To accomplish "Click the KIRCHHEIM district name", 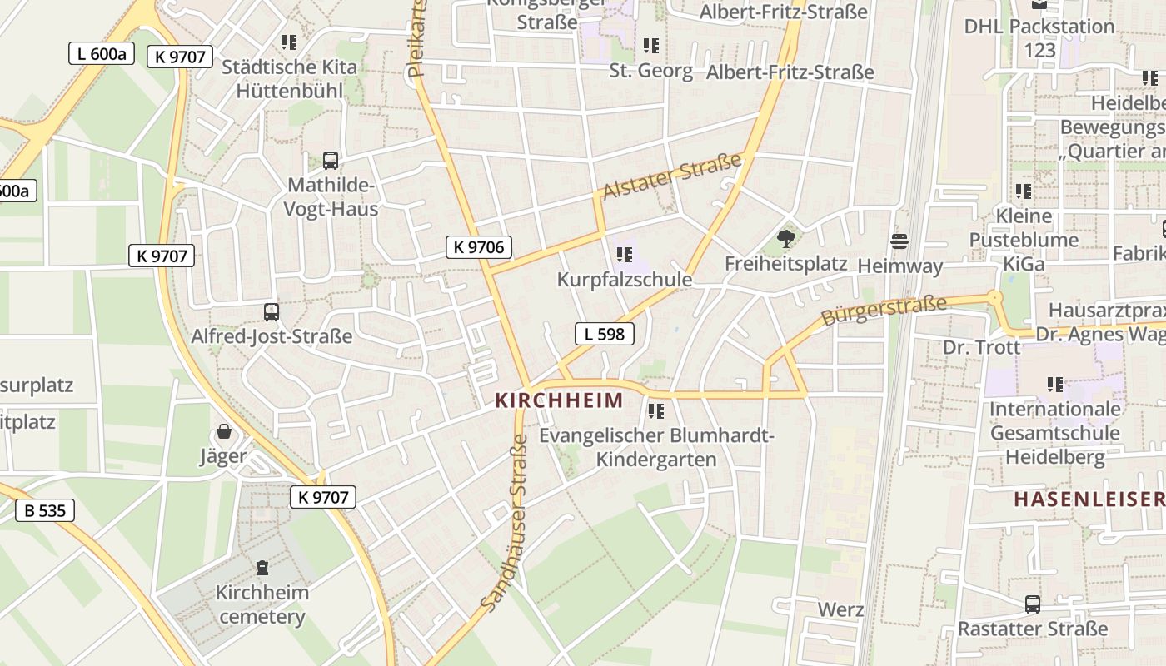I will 559,400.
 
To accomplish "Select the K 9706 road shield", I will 478,246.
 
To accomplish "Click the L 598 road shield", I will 604,334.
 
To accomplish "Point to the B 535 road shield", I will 45,510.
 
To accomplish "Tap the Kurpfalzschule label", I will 625,280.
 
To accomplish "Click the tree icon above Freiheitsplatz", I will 785,240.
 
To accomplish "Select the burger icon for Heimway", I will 899,242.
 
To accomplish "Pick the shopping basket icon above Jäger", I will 223,431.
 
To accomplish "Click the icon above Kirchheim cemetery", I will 262,568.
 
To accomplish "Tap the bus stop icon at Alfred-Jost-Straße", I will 272,312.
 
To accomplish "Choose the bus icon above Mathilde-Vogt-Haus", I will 331,160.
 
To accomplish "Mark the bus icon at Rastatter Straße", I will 1033,604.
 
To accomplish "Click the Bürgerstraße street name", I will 884,311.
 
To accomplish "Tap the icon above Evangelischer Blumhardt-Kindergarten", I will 656,411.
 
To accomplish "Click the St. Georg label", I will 650,71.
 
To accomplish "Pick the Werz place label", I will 840,609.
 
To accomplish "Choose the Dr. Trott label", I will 981,347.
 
